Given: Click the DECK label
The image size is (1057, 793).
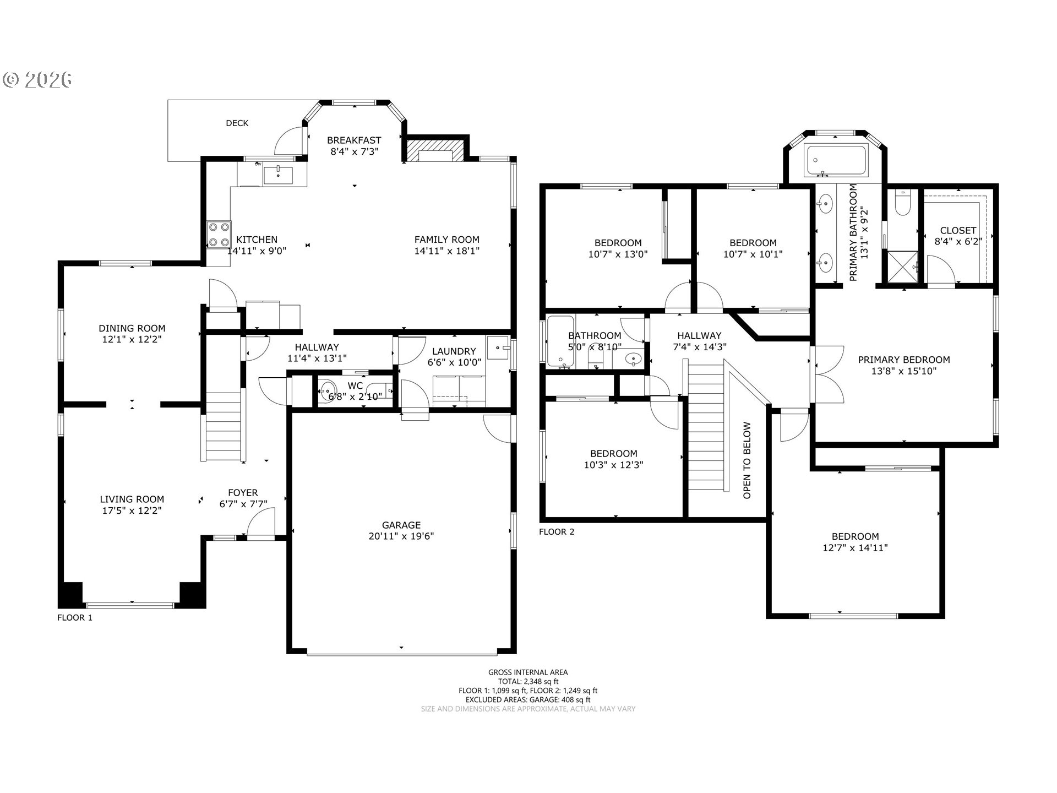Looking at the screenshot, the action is [x=237, y=123].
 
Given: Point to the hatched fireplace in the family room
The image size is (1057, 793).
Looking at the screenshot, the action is [x=434, y=150].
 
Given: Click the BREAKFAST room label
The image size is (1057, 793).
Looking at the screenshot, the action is [x=354, y=140].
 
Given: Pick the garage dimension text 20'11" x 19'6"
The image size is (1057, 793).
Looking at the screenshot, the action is [x=401, y=536].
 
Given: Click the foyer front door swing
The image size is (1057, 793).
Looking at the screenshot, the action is [x=260, y=522].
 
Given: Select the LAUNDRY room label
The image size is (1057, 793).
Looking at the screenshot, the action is [x=454, y=351].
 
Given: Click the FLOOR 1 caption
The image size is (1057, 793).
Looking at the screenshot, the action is [x=75, y=618].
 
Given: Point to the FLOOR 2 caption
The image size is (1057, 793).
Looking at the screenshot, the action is [x=557, y=532].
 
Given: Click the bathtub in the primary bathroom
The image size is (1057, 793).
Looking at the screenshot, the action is [x=836, y=161].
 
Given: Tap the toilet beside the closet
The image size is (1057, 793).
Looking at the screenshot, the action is [x=903, y=202].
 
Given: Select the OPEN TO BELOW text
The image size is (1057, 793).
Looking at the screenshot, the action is [x=747, y=460].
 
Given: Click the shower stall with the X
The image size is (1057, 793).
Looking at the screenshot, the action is [x=902, y=267].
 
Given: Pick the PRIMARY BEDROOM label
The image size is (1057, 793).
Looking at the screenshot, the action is [x=904, y=360].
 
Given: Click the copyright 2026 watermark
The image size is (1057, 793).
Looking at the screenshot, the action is [x=37, y=80].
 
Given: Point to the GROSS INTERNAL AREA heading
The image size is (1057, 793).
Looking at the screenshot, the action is [x=528, y=672].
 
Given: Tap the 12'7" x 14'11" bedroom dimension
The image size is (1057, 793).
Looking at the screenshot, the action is [x=856, y=548].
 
